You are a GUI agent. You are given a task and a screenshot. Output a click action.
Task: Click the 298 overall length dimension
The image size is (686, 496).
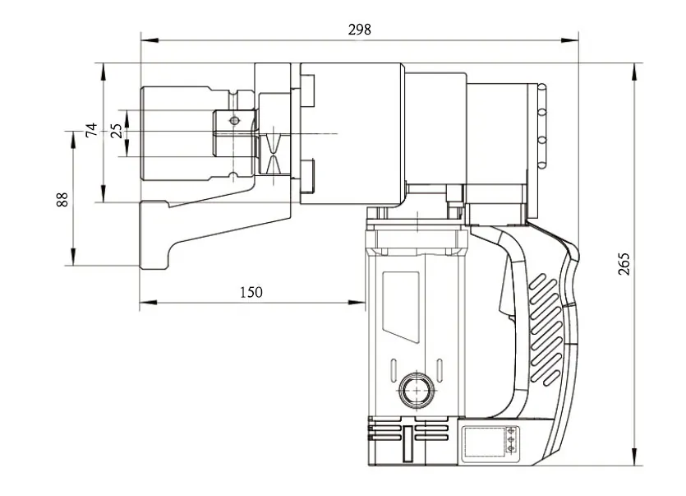tap(359, 29)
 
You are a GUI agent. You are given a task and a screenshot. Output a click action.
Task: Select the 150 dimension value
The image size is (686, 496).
tap(251, 292)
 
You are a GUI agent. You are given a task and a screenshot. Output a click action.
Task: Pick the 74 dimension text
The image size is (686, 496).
tap(92, 129)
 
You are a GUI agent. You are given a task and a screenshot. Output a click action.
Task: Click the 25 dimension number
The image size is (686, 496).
tap(116, 130)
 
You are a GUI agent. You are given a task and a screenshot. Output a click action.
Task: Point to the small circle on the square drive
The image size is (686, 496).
tap(234, 121)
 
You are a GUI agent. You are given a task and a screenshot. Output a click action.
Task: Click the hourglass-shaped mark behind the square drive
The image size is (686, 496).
tap(274, 153)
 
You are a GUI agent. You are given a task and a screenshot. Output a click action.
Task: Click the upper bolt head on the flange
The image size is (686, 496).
tap(309, 90)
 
